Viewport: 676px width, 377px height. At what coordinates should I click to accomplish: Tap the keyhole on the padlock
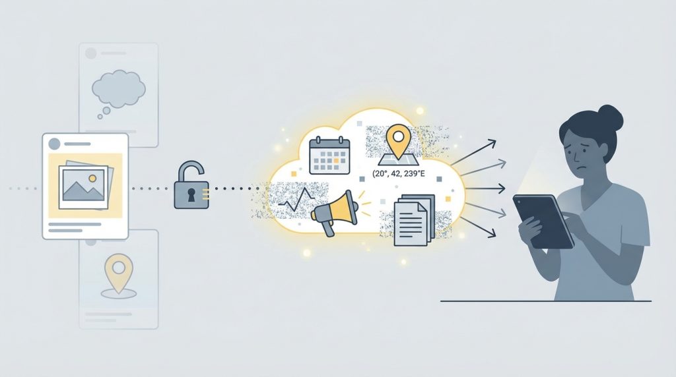coord(191,195)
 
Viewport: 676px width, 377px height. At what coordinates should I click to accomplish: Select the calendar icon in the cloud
coord(329,155)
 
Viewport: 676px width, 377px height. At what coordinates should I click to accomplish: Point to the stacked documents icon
coord(414,220)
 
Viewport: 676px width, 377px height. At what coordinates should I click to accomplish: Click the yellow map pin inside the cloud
coord(398,140)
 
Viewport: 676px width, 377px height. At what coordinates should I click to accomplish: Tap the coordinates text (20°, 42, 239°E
coord(398,174)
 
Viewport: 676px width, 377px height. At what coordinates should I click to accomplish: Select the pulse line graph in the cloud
coord(298,200)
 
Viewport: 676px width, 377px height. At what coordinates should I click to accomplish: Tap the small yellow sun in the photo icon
coord(92,178)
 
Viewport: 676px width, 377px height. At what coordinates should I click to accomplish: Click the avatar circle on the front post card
coord(54,144)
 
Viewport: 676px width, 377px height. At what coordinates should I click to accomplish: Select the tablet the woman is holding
coord(543,221)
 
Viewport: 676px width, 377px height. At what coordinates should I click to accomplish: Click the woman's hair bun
coord(611,117)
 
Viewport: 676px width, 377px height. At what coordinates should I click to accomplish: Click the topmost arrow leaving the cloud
coord(473,152)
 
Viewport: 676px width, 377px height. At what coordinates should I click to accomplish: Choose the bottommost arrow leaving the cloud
coord(479,227)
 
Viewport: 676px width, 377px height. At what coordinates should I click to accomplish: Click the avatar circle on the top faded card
coord(91,53)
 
